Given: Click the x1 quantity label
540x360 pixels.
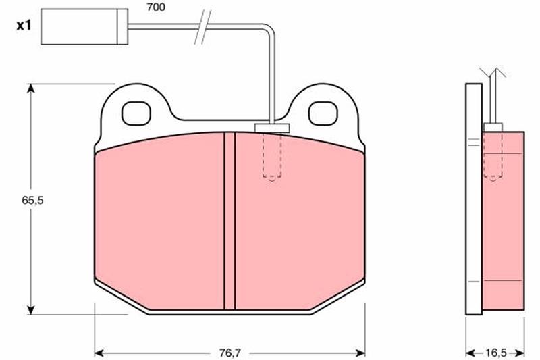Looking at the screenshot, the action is point(24,25).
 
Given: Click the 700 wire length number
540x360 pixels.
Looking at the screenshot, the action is point(156,7).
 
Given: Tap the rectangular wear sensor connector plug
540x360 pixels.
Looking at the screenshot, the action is point(84,26).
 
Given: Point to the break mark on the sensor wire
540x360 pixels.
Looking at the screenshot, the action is point(202,27).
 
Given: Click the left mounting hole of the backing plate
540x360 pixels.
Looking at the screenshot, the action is point(136,113).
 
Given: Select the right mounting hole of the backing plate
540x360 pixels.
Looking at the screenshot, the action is point(323,113).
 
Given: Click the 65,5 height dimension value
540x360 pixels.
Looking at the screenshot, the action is point(32,200).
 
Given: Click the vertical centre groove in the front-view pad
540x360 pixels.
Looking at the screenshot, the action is point(230,221).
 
